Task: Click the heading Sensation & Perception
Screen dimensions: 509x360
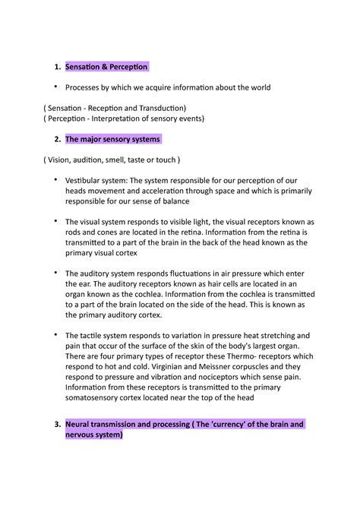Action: [x=106, y=68]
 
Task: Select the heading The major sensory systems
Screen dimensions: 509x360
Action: [x=112, y=140]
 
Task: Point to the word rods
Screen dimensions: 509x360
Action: [x=75, y=232]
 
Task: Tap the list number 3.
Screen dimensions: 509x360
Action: [x=57, y=425]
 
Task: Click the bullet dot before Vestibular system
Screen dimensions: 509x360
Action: [x=55, y=180]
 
